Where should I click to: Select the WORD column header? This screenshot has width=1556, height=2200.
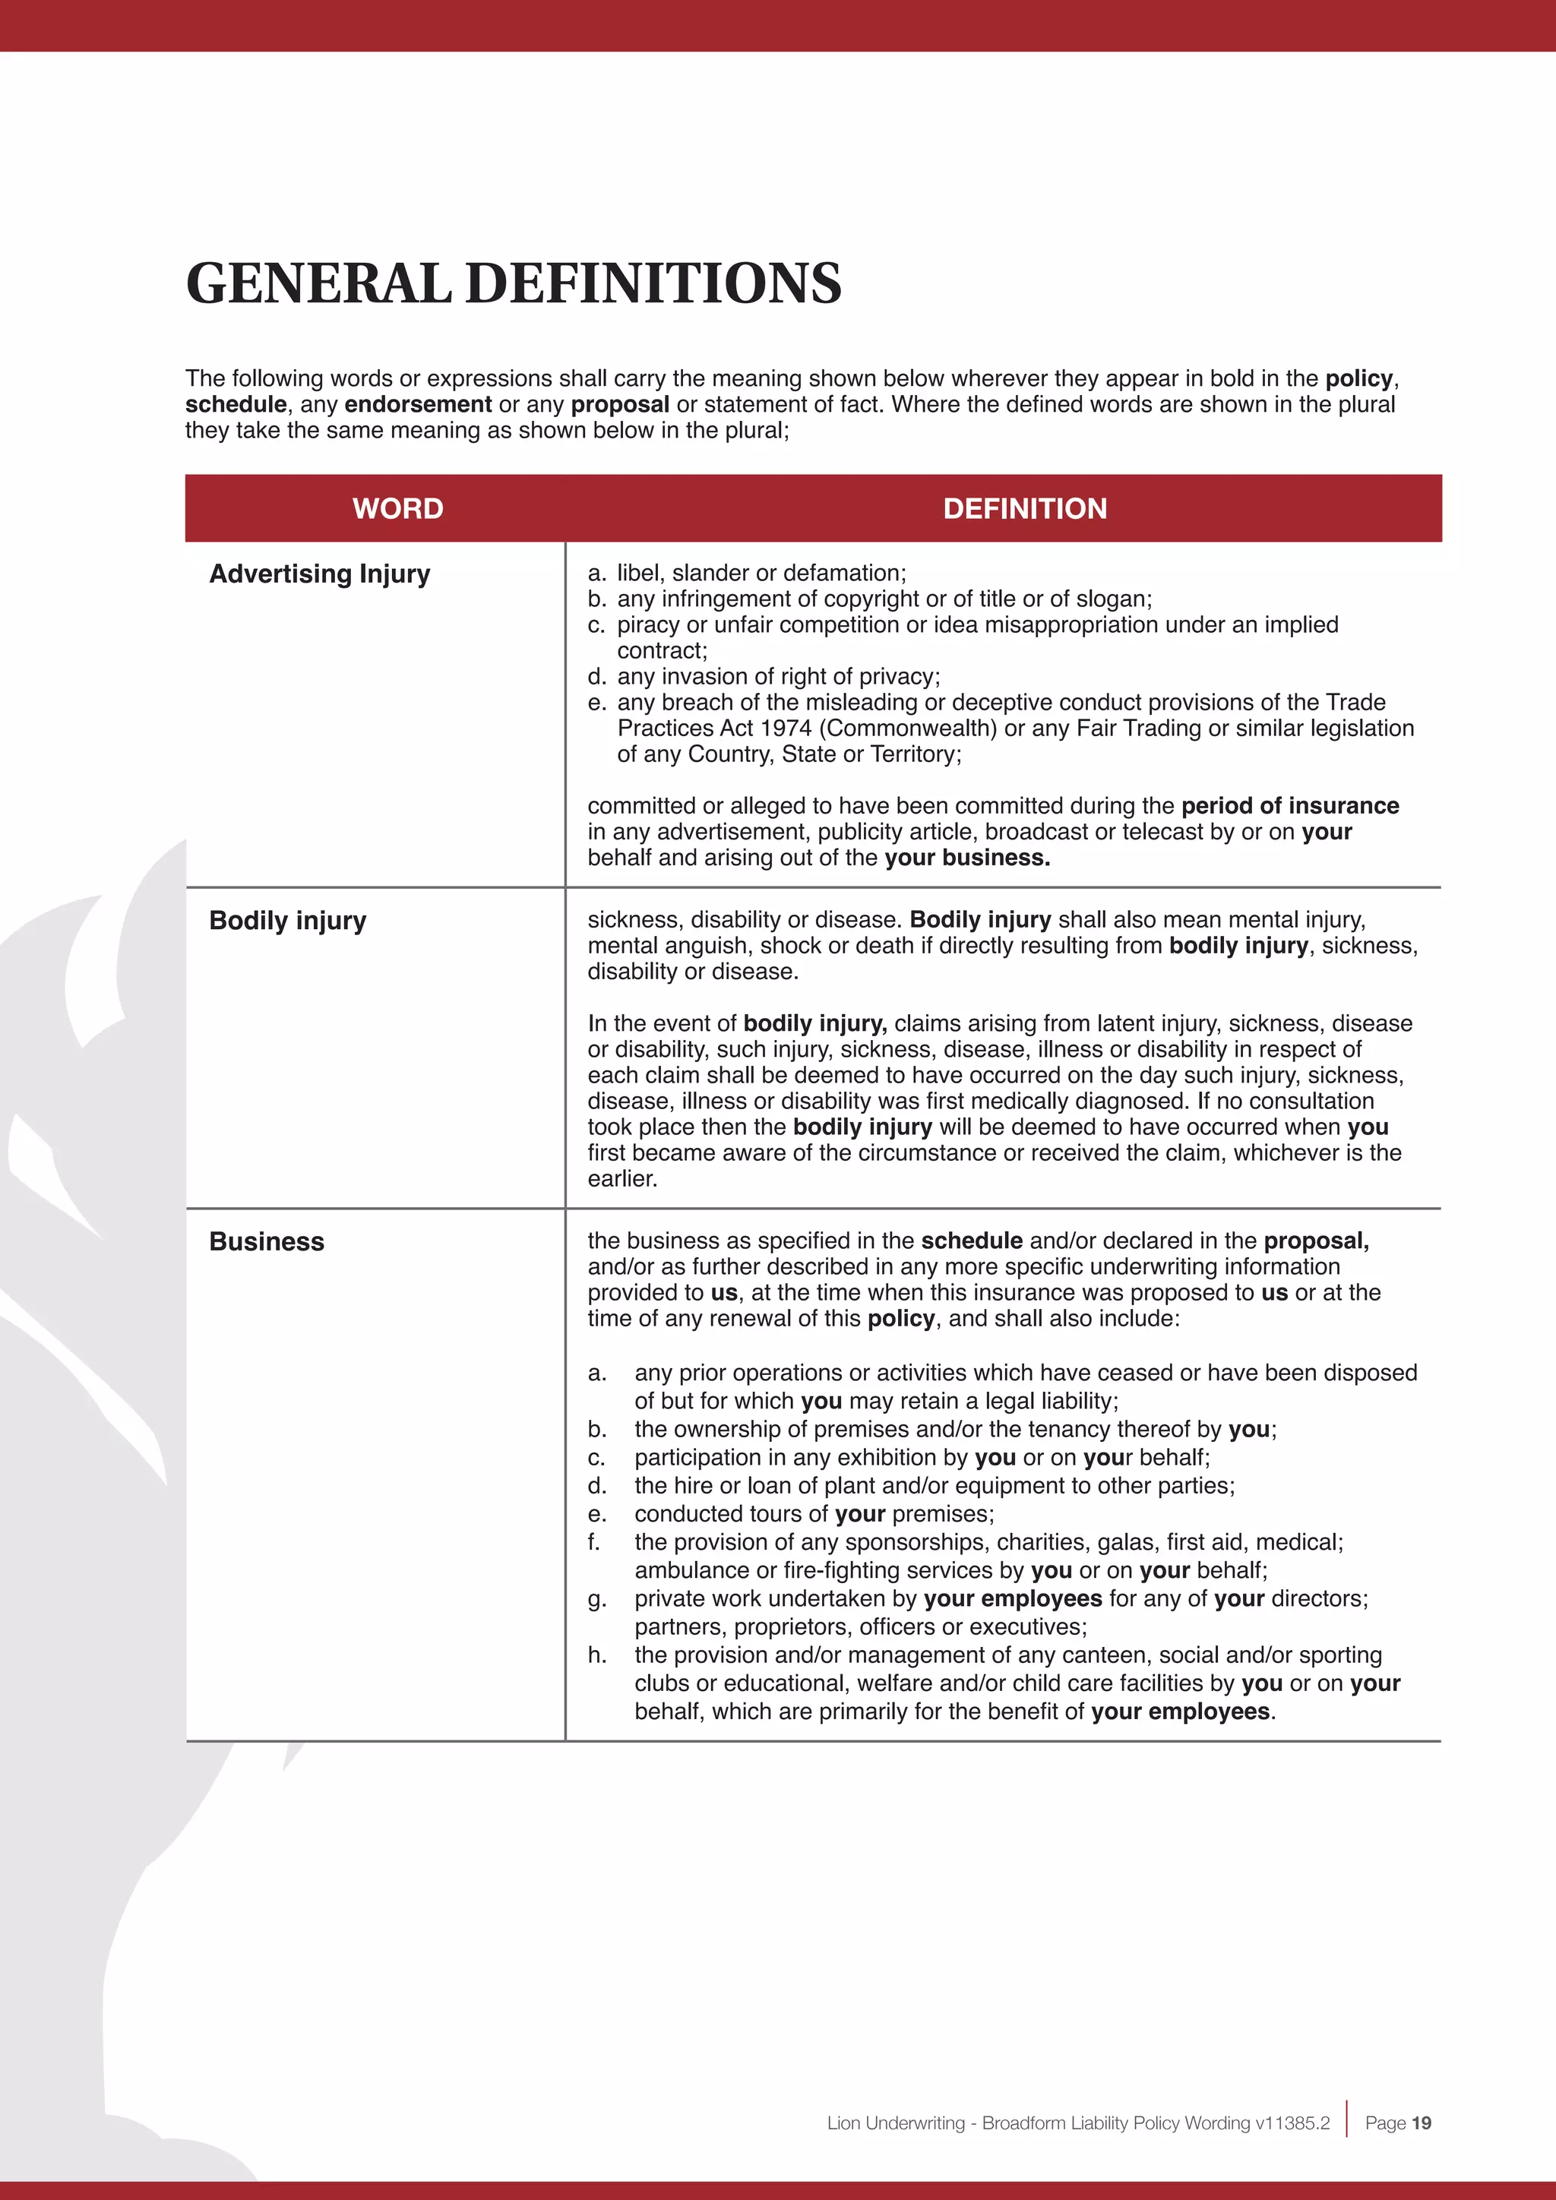point(397,509)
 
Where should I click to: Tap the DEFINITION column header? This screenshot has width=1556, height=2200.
point(1024,509)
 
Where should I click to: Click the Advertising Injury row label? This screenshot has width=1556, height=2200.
point(319,574)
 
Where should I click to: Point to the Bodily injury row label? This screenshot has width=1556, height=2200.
point(287,921)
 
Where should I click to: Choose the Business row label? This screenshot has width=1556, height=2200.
point(267,1242)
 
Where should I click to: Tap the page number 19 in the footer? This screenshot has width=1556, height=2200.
point(1421,2123)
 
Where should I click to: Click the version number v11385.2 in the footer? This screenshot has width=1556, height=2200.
point(1292,2123)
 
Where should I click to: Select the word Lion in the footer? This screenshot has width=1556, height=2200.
point(843,2123)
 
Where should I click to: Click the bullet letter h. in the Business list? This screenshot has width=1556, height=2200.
point(597,1655)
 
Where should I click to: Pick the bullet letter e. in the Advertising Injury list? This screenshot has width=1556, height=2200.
point(597,703)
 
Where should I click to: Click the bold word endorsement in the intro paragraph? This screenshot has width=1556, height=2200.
point(418,404)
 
